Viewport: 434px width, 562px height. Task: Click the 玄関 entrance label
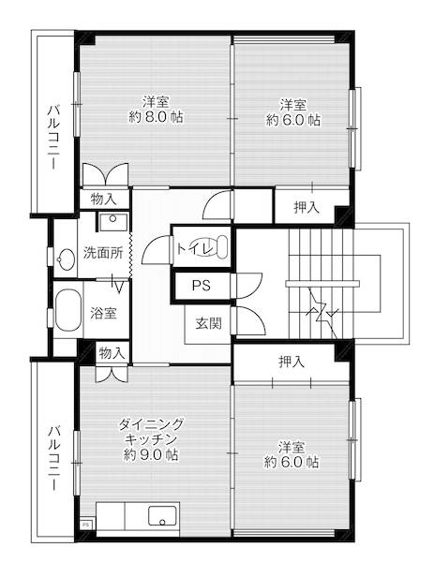(x=208, y=324)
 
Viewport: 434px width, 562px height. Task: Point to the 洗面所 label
(x=102, y=253)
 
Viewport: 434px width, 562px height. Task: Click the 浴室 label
(x=103, y=313)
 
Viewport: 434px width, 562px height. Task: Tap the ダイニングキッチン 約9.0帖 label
(x=150, y=439)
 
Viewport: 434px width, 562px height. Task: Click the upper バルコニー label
(x=53, y=136)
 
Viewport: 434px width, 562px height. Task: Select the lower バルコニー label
(x=53, y=457)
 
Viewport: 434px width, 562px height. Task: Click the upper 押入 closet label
(x=306, y=207)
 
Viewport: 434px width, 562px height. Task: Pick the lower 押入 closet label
(x=291, y=361)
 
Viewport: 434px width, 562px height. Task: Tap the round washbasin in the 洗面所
(x=65, y=259)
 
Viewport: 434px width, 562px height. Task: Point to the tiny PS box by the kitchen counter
(x=86, y=525)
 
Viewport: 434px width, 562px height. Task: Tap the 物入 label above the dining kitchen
(x=111, y=352)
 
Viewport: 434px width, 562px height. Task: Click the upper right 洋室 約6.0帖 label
(x=293, y=111)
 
